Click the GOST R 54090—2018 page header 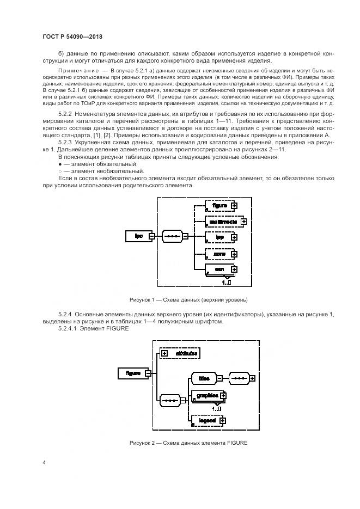72,36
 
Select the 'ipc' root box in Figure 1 138,236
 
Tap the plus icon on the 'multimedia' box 243,222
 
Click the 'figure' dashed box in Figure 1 219,206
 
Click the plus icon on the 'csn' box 233,269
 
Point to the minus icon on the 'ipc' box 152,236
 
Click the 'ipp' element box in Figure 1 219,237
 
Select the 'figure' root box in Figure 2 133,373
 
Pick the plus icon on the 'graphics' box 223,396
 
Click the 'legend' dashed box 206,421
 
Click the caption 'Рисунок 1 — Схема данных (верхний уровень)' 188,299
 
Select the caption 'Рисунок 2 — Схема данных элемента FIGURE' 188,443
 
